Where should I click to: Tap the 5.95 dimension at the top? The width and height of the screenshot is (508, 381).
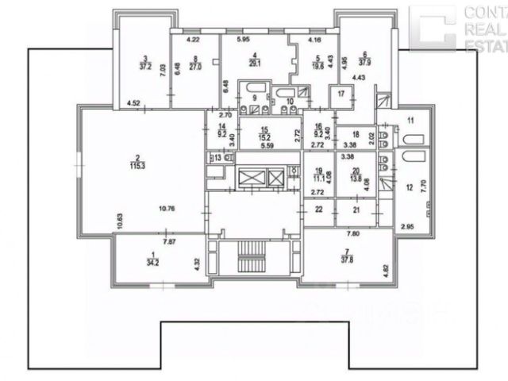click(243, 39)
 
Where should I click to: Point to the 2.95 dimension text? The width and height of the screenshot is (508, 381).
click(407, 228)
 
